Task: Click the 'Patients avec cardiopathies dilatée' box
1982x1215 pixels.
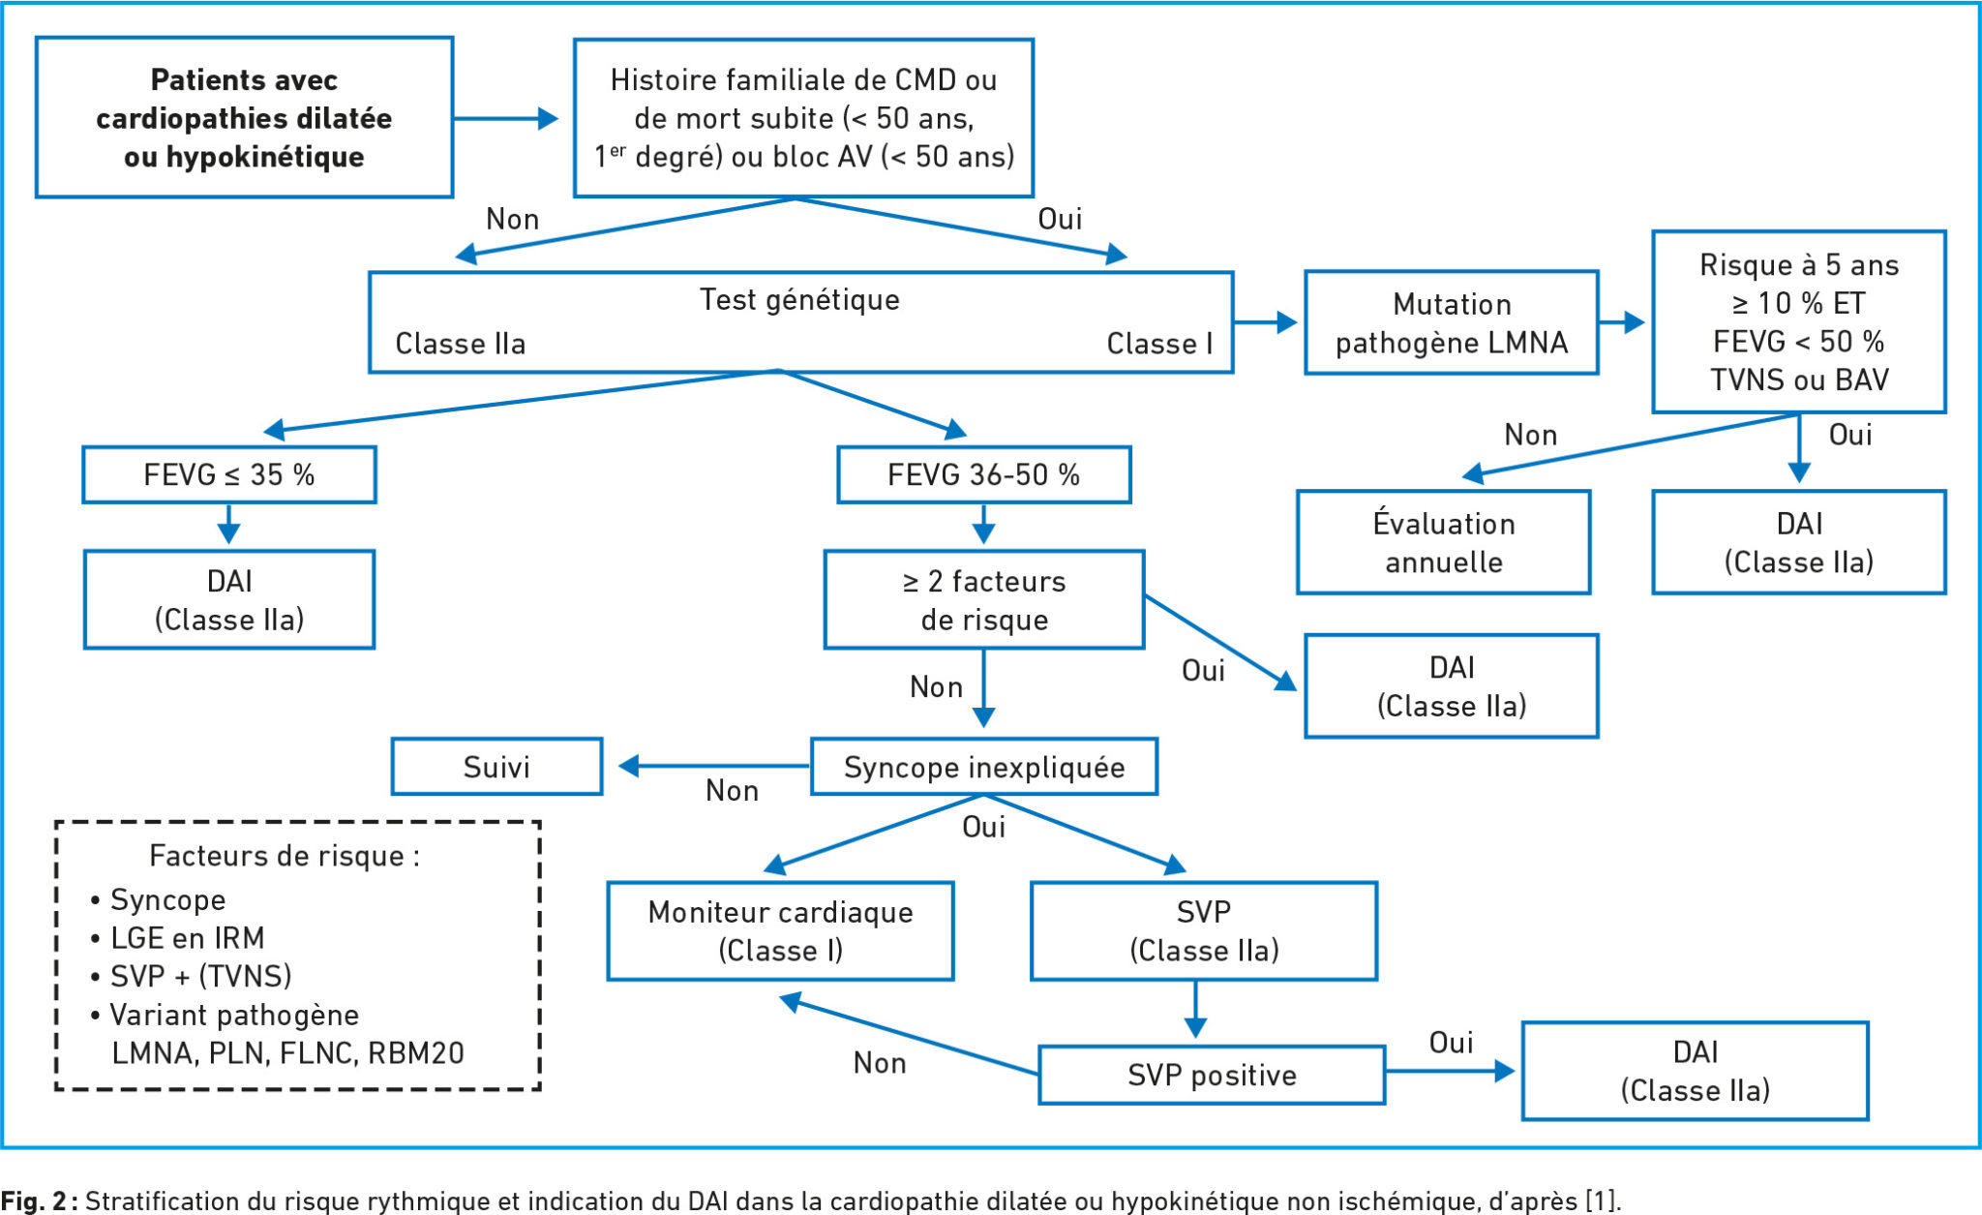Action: pyautogui.click(x=244, y=117)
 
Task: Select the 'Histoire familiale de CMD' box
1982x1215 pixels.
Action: pyautogui.click(x=803, y=117)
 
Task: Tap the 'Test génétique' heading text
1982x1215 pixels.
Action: pyautogui.click(x=799, y=299)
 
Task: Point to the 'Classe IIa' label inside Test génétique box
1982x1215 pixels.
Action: pyautogui.click(x=461, y=344)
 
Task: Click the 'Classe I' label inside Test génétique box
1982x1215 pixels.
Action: pyautogui.click(x=1159, y=344)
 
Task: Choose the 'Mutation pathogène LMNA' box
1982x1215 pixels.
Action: pyautogui.click(x=1452, y=322)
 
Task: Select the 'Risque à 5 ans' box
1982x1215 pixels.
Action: pyautogui.click(x=1799, y=321)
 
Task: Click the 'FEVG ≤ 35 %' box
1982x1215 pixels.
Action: pyautogui.click(x=229, y=474)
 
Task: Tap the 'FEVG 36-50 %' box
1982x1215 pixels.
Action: pyautogui.click(x=984, y=474)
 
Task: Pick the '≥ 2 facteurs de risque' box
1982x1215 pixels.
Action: pyautogui.click(x=984, y=599)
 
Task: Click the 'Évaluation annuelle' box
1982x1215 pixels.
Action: pyautogui.click(x=1444, y=542)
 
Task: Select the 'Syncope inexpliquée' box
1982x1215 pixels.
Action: pyautogui.click(x=984, y=767)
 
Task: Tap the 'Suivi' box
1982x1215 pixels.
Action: pyautogui.click(x=496, y=767)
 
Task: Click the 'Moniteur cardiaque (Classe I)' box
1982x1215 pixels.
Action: pyautogui.click(x=780, y=930)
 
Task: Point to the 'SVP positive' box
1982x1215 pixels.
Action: pyautogui.click(x=1212, y=1075)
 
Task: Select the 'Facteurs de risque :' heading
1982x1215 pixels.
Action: pyautogui.click(x=285, y=856)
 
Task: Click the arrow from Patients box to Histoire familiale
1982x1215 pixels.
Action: pyautogui.click(x=506, y=119)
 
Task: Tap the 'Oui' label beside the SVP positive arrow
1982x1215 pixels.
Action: pyautogui.click(x=1452, y=1043)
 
